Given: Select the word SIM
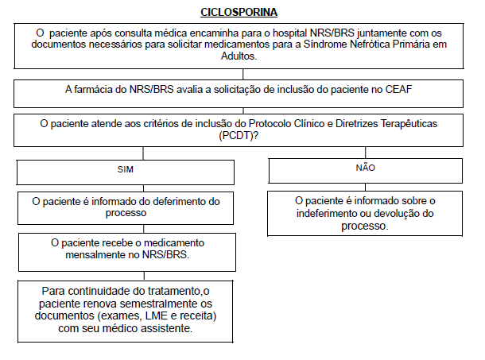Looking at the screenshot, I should (x=126, y=170).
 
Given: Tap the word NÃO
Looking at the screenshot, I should (x=366, y=168).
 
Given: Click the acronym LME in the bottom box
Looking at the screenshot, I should (x=153, y=316).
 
